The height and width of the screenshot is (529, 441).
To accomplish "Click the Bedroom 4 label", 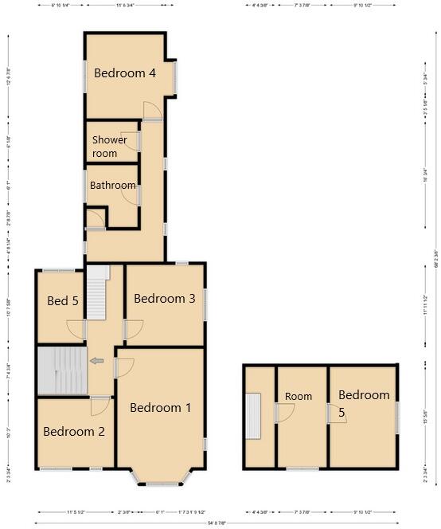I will pos(124,73).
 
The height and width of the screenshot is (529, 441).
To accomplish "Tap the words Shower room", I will pos(109,147).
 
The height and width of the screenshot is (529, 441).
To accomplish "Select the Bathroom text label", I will pos(112,186).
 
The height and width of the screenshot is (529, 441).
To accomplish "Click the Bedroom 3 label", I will pos(164,299).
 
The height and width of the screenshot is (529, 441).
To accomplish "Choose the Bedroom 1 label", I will pos(160,408).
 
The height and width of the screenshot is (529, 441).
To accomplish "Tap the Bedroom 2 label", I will pos(74,433).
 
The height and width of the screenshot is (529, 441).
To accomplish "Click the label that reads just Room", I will pos(299,397).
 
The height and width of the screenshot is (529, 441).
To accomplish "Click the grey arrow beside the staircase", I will pos(96,361).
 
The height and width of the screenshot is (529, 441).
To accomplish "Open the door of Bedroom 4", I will pos(152,111).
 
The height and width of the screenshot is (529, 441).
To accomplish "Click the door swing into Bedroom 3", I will pos(134,327).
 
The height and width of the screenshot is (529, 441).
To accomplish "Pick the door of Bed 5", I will pos(76,327).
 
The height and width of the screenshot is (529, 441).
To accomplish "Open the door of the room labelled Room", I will pos(285,412).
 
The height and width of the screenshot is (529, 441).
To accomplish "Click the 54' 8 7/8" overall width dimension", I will pos(216,523).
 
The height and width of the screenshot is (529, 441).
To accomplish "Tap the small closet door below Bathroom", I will pos(95,219).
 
